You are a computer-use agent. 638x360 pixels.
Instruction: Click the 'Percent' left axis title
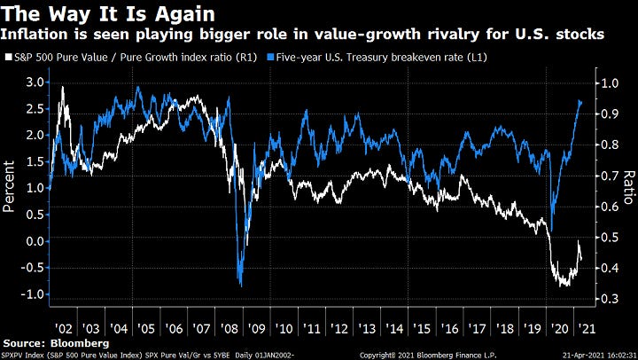pyautogui.click(x=11, y=187)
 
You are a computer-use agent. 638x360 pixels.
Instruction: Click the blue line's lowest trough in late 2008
pyautogui.click(x=240, y=284)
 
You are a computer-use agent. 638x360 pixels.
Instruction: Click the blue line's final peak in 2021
pyautogui.click(x=580, y=101)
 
